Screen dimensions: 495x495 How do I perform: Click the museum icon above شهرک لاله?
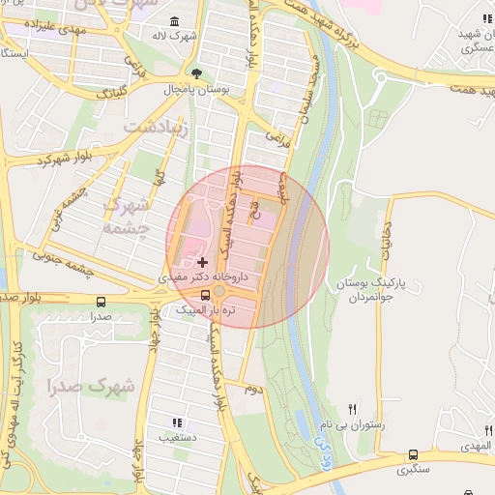pyautogui.click(x=174, y=22)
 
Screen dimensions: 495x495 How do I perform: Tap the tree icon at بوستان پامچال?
pyautogui.click(x=197, y=73)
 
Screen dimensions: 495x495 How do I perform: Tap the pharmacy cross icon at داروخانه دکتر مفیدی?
pyautogui.click(x=202, y=262)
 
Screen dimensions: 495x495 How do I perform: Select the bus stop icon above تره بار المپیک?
pyautogui.click(x=205, y=296)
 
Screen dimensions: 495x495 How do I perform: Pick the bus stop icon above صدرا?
pyautogui.click(x=101, y=302)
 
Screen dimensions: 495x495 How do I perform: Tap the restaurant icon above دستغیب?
pyautogui.click(x=176, y=422)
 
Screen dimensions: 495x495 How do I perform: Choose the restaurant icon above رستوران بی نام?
pyautogui.click(x=353, y=409)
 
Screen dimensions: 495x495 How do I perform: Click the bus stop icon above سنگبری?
pyautogui.click(x=414, y=454)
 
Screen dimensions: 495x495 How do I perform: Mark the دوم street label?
pyautogui.click(x=252, y=389)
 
